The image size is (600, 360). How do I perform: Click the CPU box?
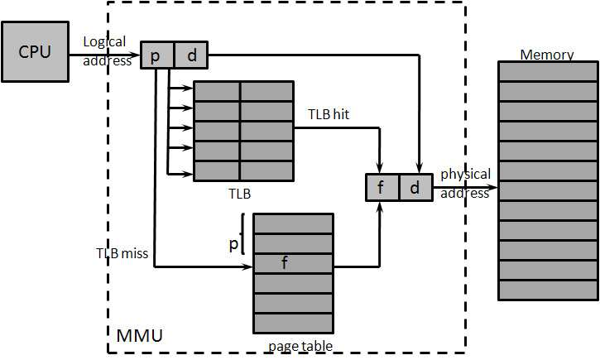click(35, 52)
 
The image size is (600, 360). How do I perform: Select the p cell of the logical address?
click(156, 56)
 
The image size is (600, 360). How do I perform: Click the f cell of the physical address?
click(382, 188)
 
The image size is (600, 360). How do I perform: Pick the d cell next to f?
click(415, 188)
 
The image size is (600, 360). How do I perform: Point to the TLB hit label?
click(329, 114)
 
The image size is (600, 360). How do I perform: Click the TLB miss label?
click(122, 253)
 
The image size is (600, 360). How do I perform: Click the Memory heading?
click(546, 55)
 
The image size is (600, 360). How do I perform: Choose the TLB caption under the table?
click(240, 194)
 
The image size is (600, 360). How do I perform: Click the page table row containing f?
click(293, 264)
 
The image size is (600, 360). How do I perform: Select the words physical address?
click(465, 183)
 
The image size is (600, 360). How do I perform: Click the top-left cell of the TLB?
click(217, 91)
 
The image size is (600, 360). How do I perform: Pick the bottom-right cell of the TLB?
click(266, 170)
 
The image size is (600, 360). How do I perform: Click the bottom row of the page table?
click(293, 323)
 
